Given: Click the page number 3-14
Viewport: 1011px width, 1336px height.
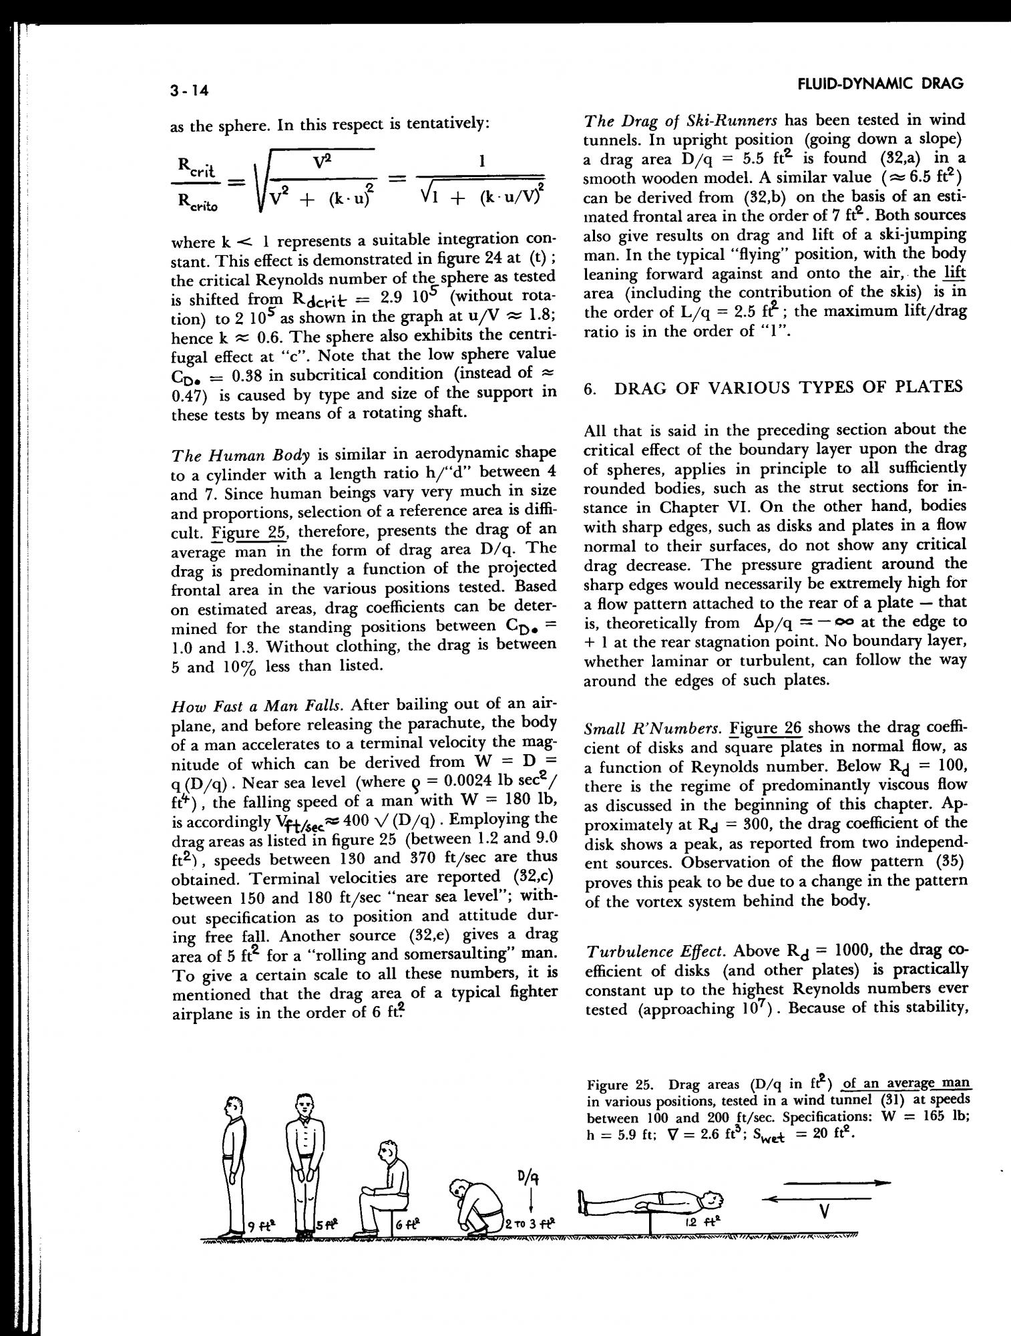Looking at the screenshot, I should click(x=190, y=90).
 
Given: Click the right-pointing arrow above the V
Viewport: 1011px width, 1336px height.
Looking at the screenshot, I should click(x=837, y=1182).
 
